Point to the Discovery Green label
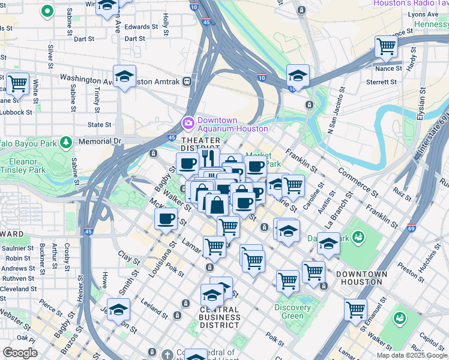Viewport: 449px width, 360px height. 292,311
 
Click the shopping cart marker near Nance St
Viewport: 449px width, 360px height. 386,47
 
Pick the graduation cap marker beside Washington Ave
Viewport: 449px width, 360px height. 124,76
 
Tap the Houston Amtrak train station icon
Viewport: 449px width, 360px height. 187,80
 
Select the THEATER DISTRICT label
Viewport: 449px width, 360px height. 201,144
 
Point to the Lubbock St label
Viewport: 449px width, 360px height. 16,112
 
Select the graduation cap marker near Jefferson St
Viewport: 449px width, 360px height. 119,310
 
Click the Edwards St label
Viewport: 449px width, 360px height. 141,27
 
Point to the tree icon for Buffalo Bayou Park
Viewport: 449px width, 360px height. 66,142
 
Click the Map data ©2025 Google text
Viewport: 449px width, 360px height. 412,355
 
